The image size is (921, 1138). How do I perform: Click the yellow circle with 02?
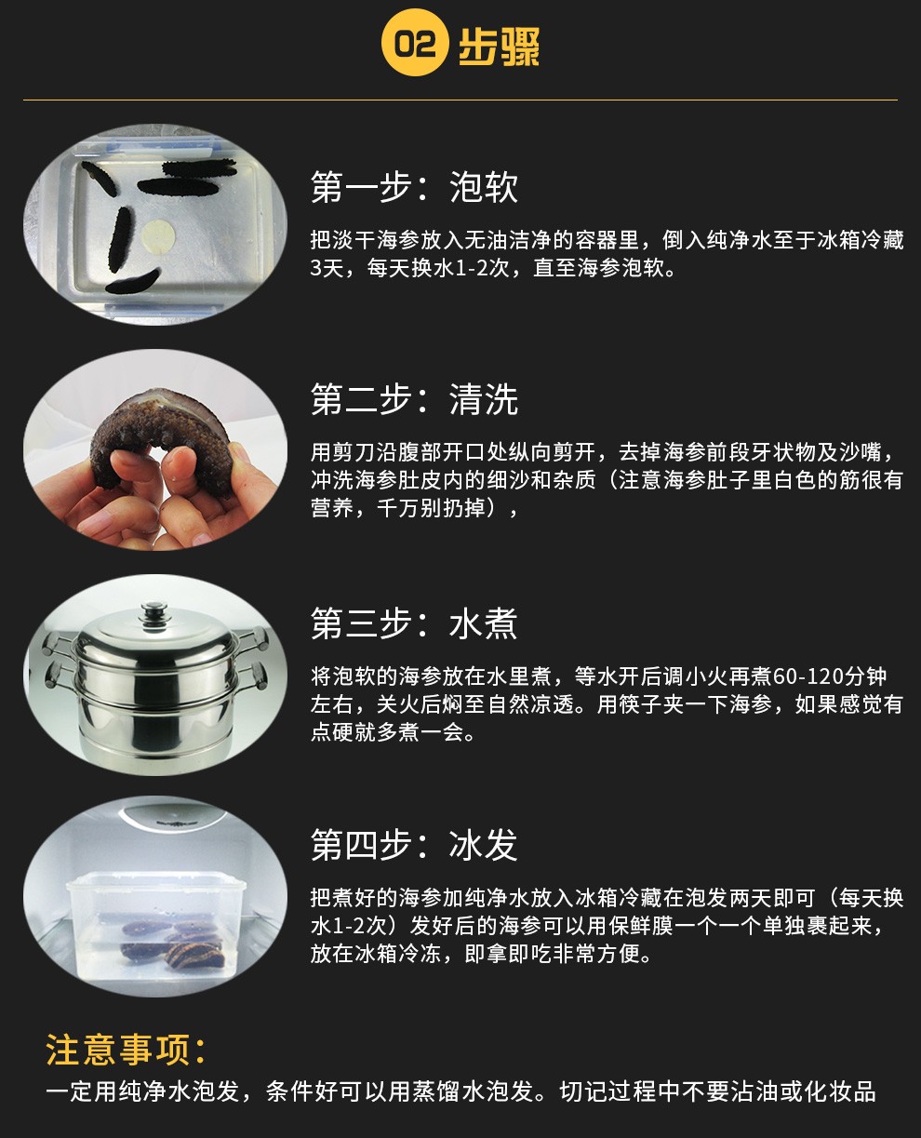[x=415, y=42]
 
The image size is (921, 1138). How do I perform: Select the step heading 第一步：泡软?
[x=414, y=187]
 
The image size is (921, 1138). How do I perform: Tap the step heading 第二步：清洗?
[x=414, y=399]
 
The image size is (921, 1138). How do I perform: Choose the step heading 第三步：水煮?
[x=414, y=623]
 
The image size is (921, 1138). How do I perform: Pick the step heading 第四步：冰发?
[x=414, y=845]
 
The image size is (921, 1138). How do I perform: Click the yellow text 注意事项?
[x=127, y=1050]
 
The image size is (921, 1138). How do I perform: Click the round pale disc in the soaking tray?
[x=159, y=236]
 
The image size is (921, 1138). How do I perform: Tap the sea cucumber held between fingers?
[x=160, y=435]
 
